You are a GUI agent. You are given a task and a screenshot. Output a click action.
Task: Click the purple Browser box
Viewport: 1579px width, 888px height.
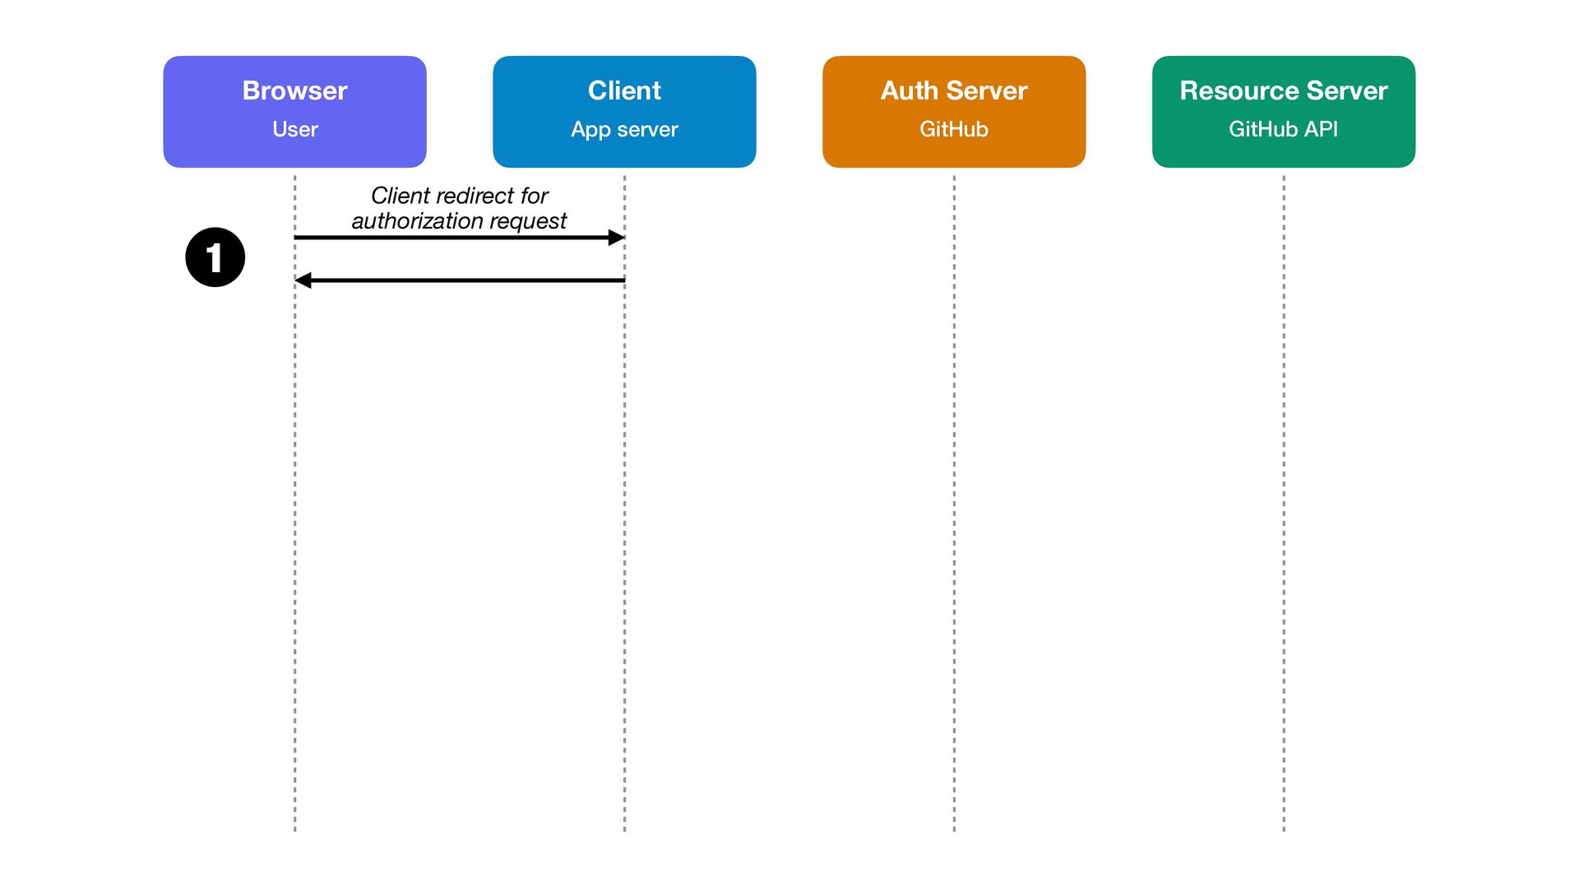294,112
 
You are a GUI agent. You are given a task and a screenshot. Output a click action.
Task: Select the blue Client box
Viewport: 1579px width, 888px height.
624,112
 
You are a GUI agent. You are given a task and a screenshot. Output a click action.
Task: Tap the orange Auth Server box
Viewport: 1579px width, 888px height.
954,112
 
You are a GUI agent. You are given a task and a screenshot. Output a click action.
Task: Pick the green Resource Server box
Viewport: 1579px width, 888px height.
1284,112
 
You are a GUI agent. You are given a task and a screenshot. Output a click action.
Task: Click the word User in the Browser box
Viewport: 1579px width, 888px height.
294,129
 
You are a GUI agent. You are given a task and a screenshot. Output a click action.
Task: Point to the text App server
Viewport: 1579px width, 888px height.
624,130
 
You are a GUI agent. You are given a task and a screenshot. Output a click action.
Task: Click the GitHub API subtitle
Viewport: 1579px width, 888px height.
1283,129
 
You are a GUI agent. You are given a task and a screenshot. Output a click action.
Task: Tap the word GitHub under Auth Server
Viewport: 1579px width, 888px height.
954,129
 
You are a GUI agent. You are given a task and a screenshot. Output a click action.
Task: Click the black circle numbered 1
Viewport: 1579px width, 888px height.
215,257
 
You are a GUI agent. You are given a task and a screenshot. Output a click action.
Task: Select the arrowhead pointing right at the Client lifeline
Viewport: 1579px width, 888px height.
617,238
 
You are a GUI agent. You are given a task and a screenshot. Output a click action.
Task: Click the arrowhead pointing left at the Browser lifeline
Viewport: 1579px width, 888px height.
303,280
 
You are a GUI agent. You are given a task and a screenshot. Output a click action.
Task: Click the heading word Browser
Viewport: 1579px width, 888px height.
294,90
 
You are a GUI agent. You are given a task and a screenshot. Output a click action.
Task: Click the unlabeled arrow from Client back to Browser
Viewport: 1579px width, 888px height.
460,280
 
